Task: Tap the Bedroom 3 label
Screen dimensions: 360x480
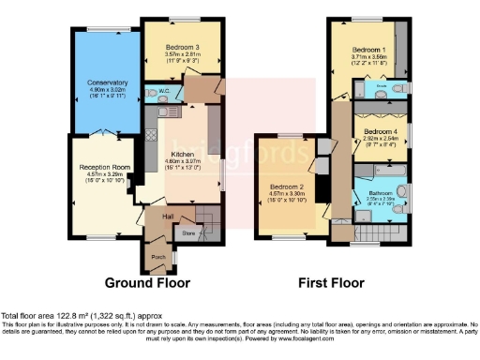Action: [x=183, y=47]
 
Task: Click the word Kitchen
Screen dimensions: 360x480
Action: [x=182, y=155]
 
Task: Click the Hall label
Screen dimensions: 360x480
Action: [x=168, y=217]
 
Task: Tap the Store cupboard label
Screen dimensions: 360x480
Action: [x=189, y=232]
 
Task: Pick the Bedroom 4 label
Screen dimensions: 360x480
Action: [x=381, y=130]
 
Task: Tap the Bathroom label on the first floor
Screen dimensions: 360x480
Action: [x=380, y=192]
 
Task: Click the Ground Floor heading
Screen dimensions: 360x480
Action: [x=147, y=282]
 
